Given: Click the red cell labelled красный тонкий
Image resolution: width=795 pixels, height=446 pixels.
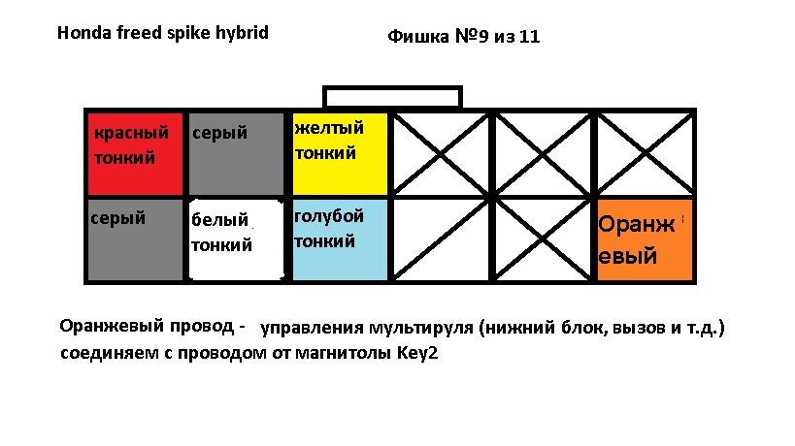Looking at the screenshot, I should pyautogui.click(x=137, y=153).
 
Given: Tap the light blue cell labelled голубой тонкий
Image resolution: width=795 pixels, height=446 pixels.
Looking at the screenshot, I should pyautogui.click(x=340, y=239).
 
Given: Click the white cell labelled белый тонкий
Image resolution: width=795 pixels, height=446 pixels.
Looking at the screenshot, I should pyautogui.click(x=237, y=240).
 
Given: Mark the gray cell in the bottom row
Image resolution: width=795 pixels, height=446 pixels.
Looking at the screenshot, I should pyautogui.click(x=134, y=239).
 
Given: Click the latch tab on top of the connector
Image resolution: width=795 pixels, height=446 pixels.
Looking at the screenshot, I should pyautogui.click(x=392, y=97).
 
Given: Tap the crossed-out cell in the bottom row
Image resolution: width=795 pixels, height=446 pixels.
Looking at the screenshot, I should pyautogui.click(x=544, y=239).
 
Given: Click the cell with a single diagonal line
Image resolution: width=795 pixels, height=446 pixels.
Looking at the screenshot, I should pyautogui.click(x=442, y=239).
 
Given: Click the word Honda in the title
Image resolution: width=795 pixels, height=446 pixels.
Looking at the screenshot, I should pyautogui.click(x=81, y=32).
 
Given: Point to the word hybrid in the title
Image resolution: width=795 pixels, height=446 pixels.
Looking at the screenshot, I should pyautogui.click(x=242, y=33).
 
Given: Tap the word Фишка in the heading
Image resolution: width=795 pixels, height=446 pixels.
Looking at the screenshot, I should pyautogui.click(x=416, y=38).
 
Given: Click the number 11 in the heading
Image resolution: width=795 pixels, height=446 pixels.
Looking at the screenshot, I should pyautogui.click(x=529, y=38).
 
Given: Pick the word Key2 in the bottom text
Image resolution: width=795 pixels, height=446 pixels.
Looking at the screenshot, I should pyautogui.click(x=416, y=354).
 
